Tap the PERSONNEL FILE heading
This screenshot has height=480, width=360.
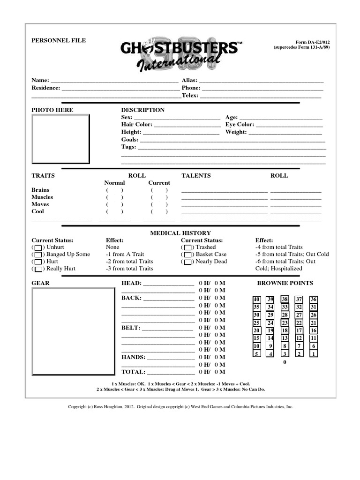[x=59, y=41]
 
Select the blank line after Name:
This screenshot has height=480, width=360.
[x=114, y=81]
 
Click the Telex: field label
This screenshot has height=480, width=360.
[x=190, y=95]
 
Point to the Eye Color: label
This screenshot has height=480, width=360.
[x=240, y=125]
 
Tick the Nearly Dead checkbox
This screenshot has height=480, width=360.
[x=187, y=262]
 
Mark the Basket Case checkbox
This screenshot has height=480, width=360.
[x=187, y=255]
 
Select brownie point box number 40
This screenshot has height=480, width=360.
[x=256, y=300]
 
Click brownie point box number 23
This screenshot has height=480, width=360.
[x=285, y=323]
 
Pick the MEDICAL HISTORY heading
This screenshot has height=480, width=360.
[x=180, y=233]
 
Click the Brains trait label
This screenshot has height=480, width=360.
[x=40, y=190]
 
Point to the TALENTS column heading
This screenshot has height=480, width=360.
[x=196, y=176]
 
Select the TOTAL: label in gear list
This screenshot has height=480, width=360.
[x=134, y=372]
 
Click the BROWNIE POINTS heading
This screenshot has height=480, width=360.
[x=285, y=283]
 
